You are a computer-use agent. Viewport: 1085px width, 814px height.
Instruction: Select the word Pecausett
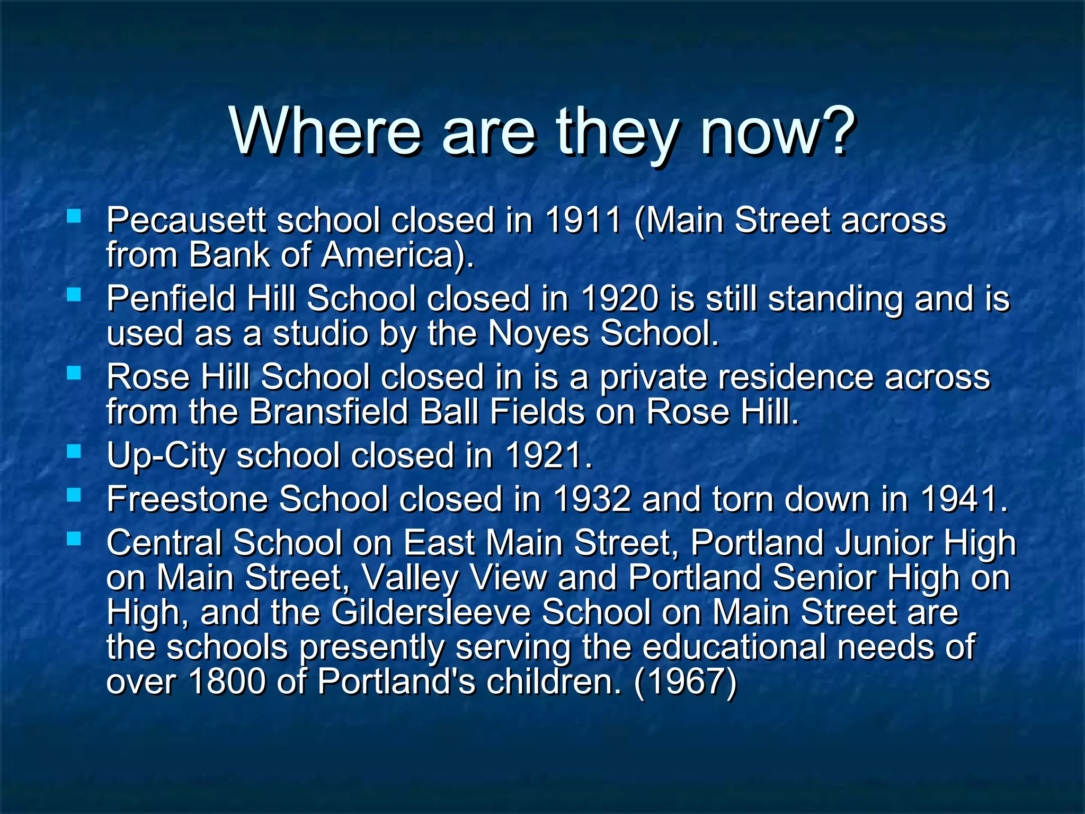185,220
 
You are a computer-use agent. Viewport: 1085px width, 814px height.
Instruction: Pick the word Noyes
538,333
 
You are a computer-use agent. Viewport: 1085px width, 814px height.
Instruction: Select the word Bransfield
328,412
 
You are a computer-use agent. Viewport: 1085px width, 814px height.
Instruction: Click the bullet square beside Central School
74,539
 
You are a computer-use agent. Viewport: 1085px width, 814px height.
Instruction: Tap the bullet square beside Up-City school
74,452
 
